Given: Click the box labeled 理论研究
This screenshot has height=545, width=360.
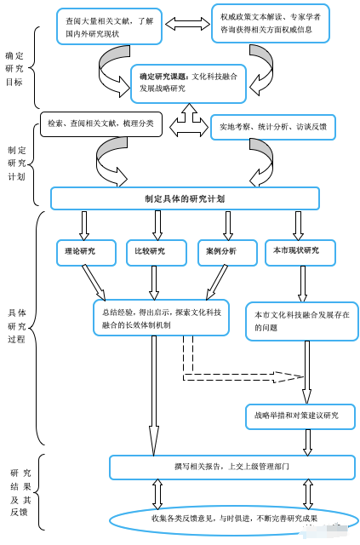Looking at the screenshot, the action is (86, 253).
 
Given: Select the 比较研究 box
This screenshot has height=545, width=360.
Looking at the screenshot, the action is (157, 253).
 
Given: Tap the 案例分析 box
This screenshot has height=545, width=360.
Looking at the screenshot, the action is (227, 253).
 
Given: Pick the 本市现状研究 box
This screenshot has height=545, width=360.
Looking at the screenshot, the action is (300, 253).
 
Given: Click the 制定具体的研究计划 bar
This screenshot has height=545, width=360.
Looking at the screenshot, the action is (185, 198).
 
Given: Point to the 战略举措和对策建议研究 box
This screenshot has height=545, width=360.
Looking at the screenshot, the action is (300, 416).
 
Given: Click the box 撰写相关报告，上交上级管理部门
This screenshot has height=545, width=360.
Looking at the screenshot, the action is (232, 468).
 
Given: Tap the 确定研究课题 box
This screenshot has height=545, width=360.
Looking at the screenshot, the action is (188, 83).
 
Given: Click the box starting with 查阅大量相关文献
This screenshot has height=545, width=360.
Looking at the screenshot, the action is (110, 26).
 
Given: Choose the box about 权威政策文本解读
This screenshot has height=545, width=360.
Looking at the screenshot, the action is (271, 23).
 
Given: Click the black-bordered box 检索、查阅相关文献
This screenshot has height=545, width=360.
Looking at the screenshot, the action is (101, 124).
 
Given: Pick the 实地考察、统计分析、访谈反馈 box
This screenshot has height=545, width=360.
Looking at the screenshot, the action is (273, 127).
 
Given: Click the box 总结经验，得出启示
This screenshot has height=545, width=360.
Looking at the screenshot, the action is (161, 318).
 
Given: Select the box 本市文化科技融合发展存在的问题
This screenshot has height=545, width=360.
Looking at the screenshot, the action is (301, 321).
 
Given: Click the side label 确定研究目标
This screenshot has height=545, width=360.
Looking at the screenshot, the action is (14, 69).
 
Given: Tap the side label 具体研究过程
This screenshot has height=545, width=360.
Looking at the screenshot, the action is (17, 326).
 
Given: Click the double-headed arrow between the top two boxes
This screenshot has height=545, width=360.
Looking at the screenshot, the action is (187, 25).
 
